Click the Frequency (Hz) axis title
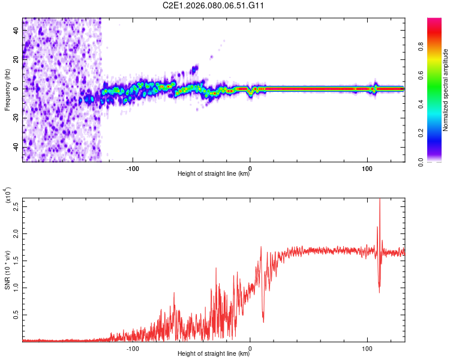7,89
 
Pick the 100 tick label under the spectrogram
367,167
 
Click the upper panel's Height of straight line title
213,174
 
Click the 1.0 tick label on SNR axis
16,287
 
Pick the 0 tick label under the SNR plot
250,347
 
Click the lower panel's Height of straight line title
213,354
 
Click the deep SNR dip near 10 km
263,320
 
